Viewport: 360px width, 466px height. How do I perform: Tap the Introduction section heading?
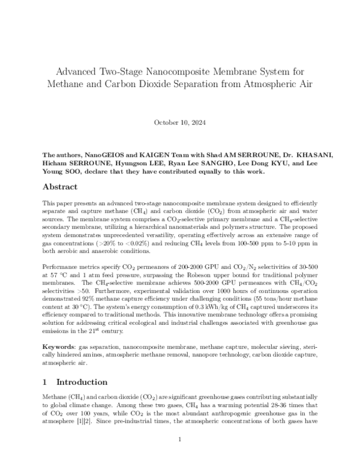click(82, 382)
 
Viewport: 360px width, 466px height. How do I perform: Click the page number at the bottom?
click(180, 440)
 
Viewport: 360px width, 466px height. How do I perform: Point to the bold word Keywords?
click(59, 348)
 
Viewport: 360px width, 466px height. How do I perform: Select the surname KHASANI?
click(310, 154)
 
